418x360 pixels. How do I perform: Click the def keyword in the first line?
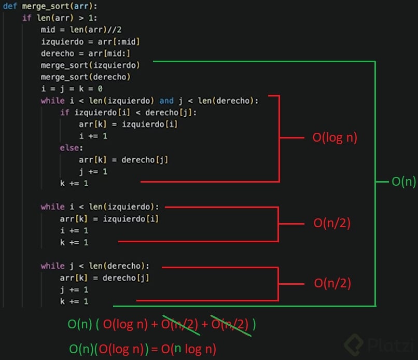(x=10, y=6)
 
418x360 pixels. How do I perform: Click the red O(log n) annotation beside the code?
(x=335, y=138)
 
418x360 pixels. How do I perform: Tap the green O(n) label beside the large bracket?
(x=403, y=182)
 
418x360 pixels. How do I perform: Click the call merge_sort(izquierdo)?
(x=97, y=65)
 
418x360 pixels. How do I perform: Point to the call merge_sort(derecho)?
(x=86, y=77)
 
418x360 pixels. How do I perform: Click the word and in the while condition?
(x=166, y=101)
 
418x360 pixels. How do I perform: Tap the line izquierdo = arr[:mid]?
(x=90, y=41)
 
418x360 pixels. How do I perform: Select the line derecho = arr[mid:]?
(x=86, y=53)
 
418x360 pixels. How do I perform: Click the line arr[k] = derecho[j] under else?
(x=123, y=160)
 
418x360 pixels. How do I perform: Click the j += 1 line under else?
(x=93, y=172)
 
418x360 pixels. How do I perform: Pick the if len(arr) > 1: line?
(x=63, y=18)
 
